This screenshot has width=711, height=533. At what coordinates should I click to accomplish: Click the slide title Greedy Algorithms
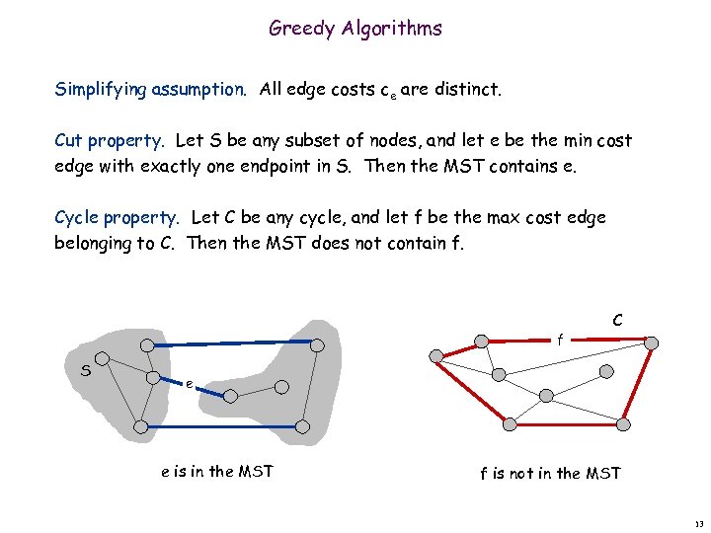pyautogui.click(x=355, y=29)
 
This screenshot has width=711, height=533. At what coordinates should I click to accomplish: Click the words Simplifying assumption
pyautogui.click(x=154, y=90)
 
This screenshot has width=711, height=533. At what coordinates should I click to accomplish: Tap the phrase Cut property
pyautogui.click(x=111, y=141)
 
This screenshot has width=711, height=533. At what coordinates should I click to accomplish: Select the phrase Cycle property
pyautogui.click(x=118, y=217)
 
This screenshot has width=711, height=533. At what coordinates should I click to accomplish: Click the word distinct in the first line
pyautogui.click(x=468, y=90)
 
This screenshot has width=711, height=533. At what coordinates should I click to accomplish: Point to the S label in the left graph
pyautogui.click(x=87, y=371)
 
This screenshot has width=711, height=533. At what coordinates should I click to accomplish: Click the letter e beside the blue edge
pyautogui.click(x=188, y=384)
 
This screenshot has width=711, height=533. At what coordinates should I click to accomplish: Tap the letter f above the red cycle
pyautogui.click(x=560, y=340)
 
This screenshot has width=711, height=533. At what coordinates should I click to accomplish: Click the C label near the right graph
pyautogui.click(x=616, y=320)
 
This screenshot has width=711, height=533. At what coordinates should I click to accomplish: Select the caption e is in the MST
pyautogui.click(x=216, y=471)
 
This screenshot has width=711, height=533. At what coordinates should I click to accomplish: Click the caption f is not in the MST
pyautogui.click(x=550, y=473)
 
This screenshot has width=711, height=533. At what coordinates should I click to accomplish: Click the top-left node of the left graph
pyautogui.click(x=146, y=344)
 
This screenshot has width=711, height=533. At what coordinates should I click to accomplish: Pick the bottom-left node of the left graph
pyautogui.click(x=140, y=426)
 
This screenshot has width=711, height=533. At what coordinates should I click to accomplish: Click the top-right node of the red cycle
pyautogui.click(x=650, y=341)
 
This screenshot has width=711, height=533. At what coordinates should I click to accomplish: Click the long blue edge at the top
pyautogui.click(x=232, y=343)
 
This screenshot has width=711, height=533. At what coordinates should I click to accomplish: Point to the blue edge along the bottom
pyautogui.click(x=222, y=426)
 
